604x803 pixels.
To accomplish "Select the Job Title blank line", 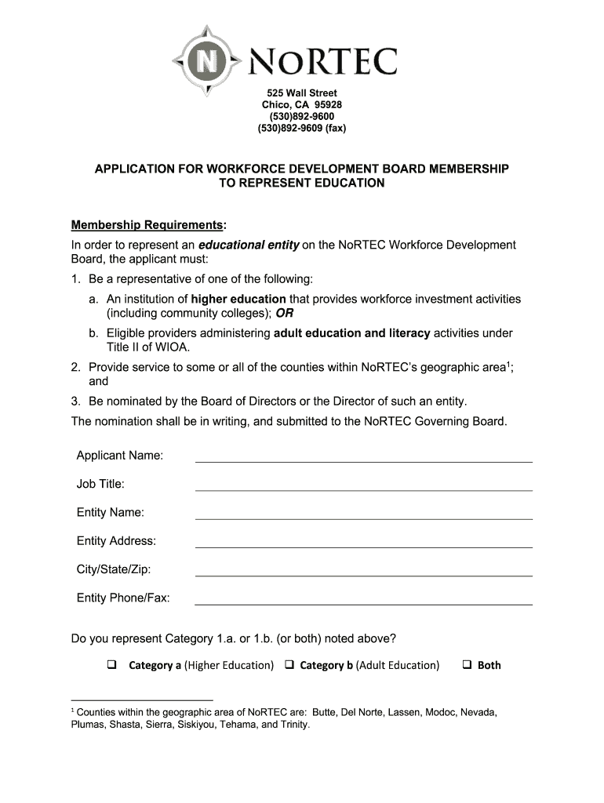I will click(363, 485).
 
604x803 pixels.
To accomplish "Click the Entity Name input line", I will click(363, 514).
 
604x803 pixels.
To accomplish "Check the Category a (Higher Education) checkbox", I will click(111, 665).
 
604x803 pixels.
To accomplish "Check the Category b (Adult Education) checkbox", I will click(289, 665).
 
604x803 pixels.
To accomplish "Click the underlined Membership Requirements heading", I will click(147, 226).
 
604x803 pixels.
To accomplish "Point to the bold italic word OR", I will click(284, 313).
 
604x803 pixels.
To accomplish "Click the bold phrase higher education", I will click(238, 299).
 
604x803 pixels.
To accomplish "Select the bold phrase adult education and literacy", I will click(351, 333).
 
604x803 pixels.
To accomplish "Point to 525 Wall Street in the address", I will click(302, 93).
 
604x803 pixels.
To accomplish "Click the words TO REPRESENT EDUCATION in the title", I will click(301, 183).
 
